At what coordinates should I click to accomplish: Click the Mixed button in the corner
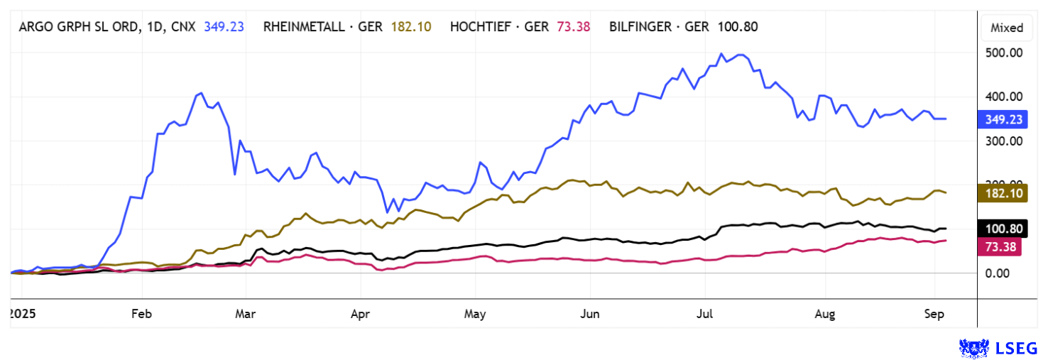(x=1007, y=28)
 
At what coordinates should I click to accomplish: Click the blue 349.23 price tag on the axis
(x=1002, y=119)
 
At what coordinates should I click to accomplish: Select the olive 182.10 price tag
(x=1002, y=193)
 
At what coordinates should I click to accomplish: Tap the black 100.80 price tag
(x=1002, y=229)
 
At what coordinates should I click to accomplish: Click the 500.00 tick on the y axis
(x=1002, y=53)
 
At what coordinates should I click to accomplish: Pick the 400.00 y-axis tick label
(x=1002, y=97)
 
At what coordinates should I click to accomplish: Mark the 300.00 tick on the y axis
(x=1002, y=141)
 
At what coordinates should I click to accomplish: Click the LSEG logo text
(x=1020, y=347)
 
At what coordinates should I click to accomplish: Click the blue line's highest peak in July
(x=721, y=54)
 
